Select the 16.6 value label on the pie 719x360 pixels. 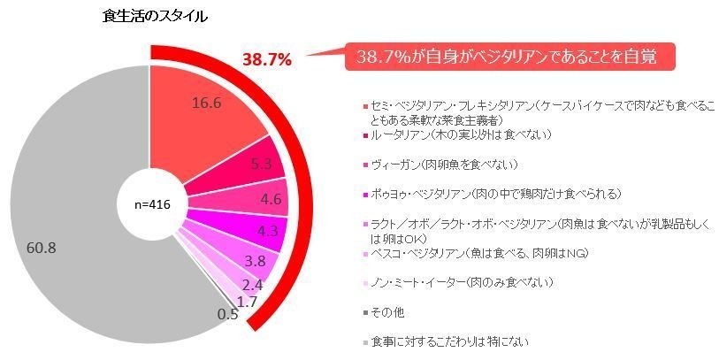click(205, 103)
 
